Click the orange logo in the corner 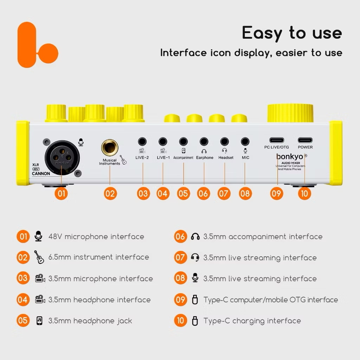pos(34,45)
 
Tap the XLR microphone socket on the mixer pos(62,158)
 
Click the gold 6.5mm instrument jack pos(110,147)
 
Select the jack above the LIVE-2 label pos(142,142)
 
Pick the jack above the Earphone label pos(204,142)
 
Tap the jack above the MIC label pos(245,142)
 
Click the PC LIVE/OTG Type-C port pos(277,140)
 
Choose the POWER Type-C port pos(305,140)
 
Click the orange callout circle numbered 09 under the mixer pos(277,194)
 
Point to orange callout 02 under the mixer pos(110,194)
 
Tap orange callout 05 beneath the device pos(184,194)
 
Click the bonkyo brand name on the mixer pos(290,156)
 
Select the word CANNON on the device pos(41,174)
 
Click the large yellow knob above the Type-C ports pos(290,113)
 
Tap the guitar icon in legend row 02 pos(39,257)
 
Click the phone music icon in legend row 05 pos(39,321)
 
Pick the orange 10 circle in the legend pos(180,321)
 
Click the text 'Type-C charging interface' pos(252,321)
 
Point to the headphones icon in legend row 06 pos(195,237)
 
